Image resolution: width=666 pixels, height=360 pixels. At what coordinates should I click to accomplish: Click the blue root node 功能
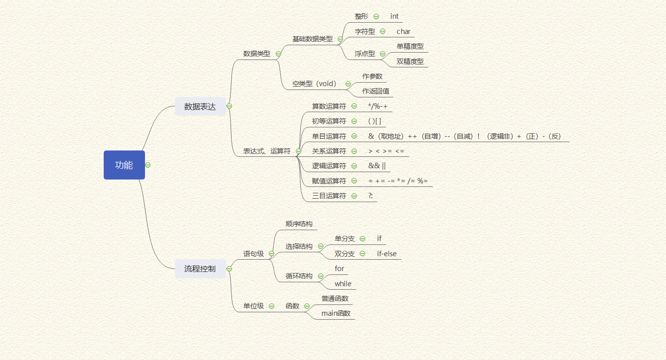tap(124, 165)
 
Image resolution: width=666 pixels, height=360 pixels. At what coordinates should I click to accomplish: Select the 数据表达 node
tap(200, 106)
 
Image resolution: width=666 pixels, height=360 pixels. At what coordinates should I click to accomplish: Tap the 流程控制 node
tap(200, 269)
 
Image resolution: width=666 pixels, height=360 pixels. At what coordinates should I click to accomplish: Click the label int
tap(394, 16)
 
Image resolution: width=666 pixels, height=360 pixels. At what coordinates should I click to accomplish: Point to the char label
tap(404, 31)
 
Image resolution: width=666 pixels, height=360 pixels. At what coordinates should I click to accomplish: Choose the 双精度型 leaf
tap(410, 61)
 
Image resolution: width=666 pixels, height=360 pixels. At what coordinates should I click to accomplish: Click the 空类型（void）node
tap(315, 84)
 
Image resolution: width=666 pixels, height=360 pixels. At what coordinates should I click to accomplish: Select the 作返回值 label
tap(376, 91)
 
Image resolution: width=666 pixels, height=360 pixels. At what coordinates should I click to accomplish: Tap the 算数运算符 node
tap(329, 106)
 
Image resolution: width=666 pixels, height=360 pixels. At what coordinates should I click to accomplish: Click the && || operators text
tap(377, 166)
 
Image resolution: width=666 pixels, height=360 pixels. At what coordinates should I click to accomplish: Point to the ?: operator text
tap(371, 196)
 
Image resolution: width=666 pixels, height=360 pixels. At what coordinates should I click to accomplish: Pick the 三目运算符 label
tap(329, 196)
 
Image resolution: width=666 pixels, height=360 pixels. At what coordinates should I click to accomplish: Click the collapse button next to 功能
tap(148, 165)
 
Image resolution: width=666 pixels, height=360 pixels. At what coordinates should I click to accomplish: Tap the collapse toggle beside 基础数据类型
tap(340, 39)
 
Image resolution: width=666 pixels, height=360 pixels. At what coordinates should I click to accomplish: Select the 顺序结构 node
tap(299, 224)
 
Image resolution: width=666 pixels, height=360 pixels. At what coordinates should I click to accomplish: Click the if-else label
tap(387, 254)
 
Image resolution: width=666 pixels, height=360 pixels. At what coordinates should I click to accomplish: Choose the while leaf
tap(343, 284)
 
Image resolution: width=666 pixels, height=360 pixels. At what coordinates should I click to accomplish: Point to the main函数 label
tap(336, 313)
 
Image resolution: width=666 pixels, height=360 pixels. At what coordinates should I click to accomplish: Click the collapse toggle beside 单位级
tap(271, 306)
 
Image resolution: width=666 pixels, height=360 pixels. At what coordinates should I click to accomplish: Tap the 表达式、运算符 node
tap(267, 151)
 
